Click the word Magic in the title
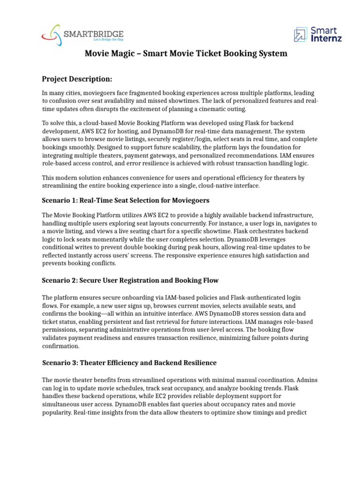click(x=123, y=54)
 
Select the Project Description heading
click(x=77, y=78)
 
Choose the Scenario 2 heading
click(x=130, y=280)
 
